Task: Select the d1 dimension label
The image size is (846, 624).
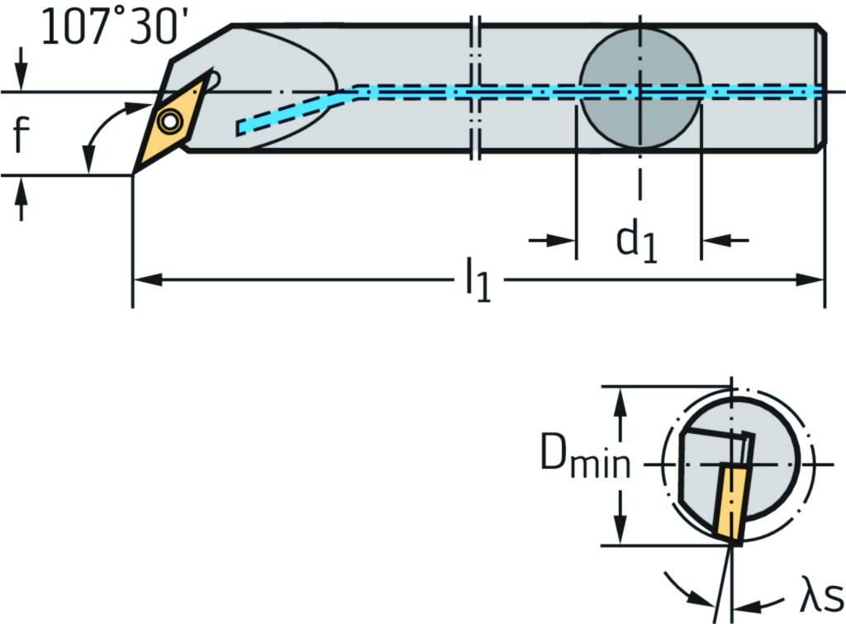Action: [x=637, y=242]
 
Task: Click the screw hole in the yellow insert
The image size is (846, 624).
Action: [x=170, y=122]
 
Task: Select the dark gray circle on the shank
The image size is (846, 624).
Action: [x=640, y=88]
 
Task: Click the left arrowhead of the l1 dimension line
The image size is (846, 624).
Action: [x=145, y=280]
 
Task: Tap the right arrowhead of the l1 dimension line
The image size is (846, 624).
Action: [x=813, y=280]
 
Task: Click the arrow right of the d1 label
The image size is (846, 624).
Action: [x=724, y=241]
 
